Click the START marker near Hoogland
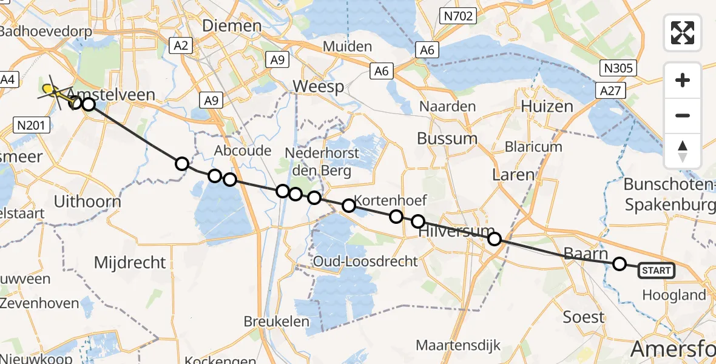pos(656,271)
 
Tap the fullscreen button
pos(683,33)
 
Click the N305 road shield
pos(619,67)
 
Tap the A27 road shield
pos(610,91)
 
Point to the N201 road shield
pos(30,126)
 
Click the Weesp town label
pos(319,86)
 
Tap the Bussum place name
pos(447,138)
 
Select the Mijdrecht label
pos(130,262)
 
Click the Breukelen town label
pos(277,321)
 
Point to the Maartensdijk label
pos(458,345)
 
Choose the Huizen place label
pos(547,107)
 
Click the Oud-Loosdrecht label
pos(366,261)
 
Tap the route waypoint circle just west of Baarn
pos(620,264)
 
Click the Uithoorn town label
pos(87,201)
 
